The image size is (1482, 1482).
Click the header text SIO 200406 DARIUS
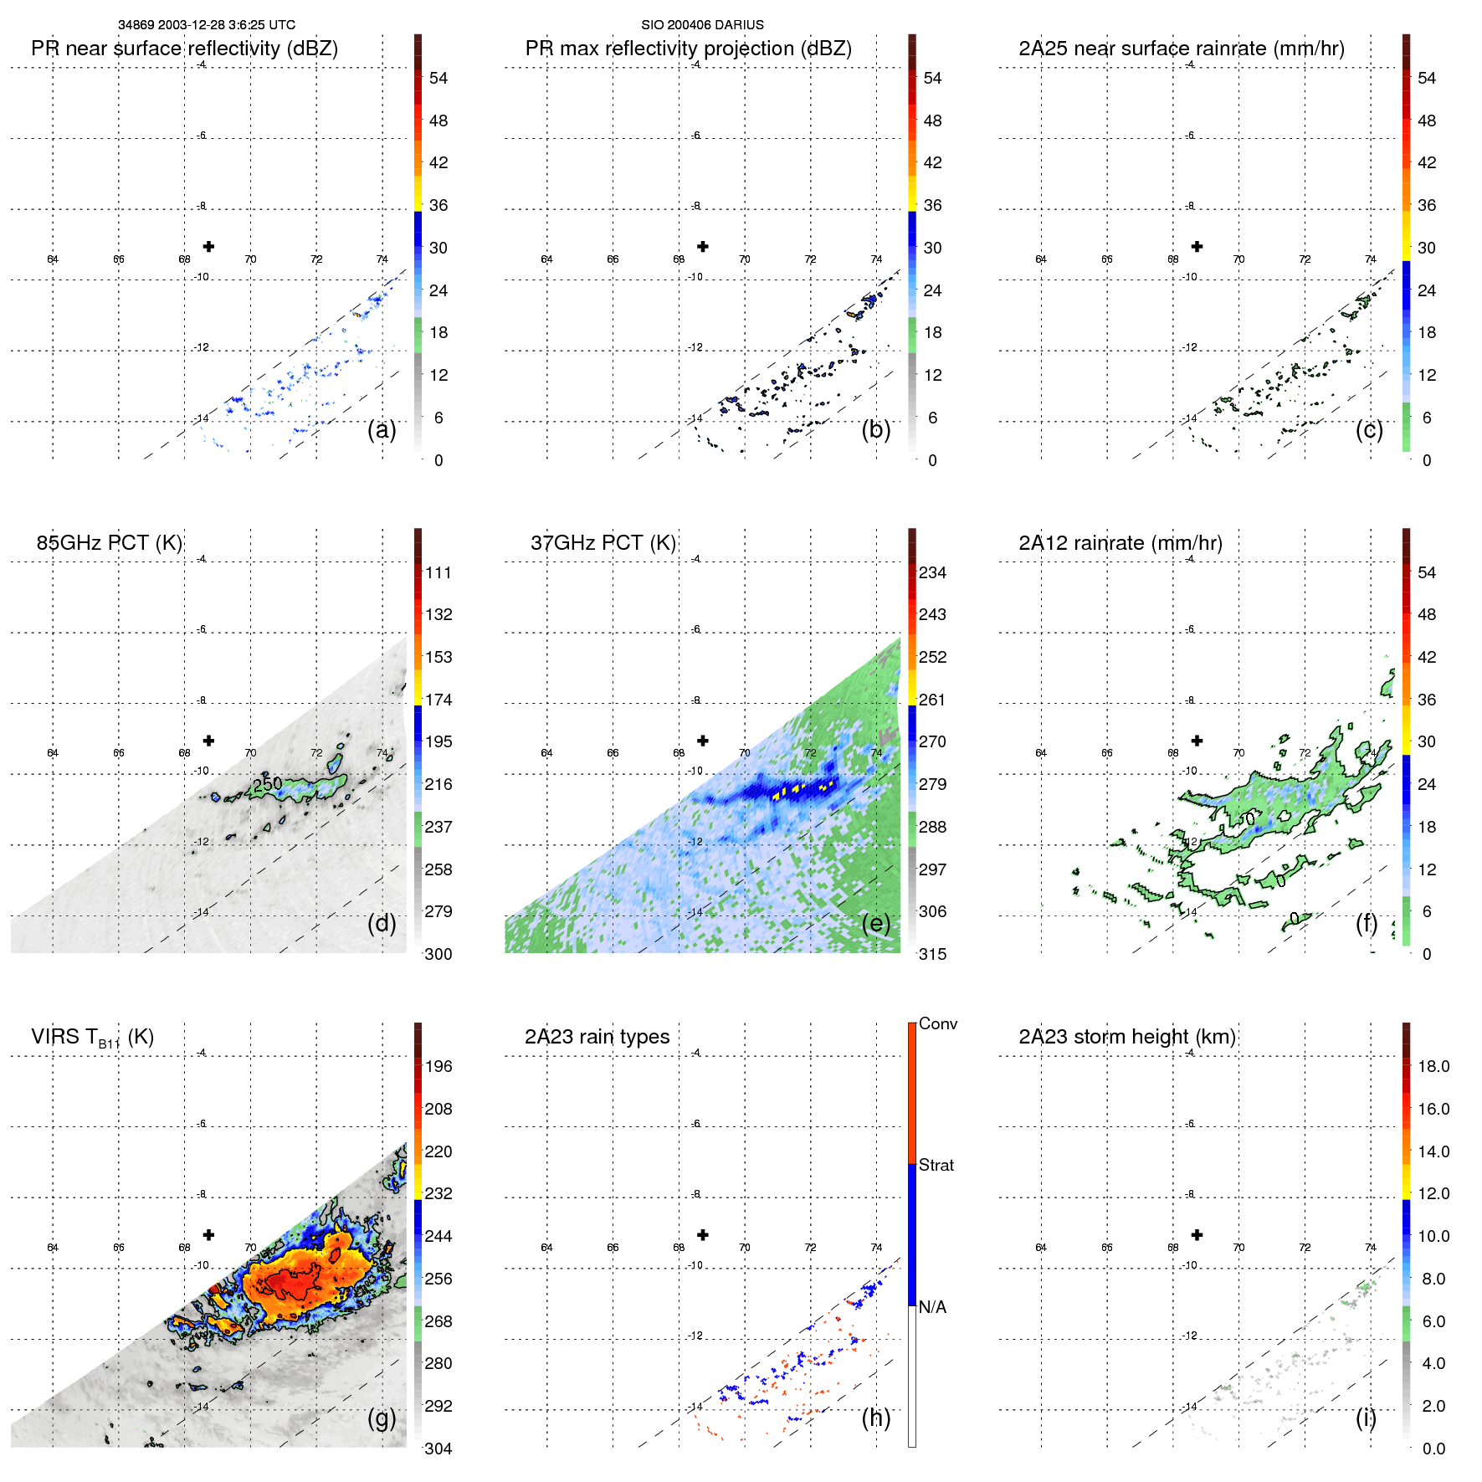click(702, 25)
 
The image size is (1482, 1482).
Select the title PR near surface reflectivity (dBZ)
click(184, 49)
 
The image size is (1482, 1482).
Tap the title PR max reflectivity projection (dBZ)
click(688, 49)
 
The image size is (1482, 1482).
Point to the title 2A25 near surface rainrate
click(1181, 49)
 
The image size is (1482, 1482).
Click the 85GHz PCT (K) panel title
click(109, 542)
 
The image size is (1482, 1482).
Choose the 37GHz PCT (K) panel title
click(603, 542)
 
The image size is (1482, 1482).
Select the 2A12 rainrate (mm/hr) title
click(1120, 542)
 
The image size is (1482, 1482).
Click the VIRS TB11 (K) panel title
click(92, 1038)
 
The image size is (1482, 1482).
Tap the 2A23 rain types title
click(597, 1037)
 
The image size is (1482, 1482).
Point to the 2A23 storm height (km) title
click(1126, 1037)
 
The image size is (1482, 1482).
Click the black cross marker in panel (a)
click(208, 246)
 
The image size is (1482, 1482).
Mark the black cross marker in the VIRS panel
click(208, 1234)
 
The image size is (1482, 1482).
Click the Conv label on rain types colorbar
click(937, 1023)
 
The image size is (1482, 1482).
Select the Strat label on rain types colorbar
click(936, 1165)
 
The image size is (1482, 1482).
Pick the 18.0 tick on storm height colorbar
click(1433, 1066)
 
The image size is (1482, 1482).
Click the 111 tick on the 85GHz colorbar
click(438, 572)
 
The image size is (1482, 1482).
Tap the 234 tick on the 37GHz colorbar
click(932, 572)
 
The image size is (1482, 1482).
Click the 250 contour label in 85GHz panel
click(268, 784)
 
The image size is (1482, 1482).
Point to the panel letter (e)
click(875, 923)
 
